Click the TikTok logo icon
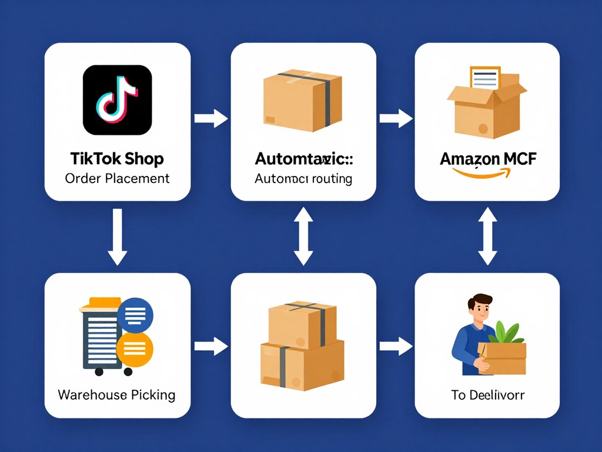[x=118, y=100]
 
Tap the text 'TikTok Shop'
[x=117, y=159]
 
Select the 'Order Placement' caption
[x=117, y=178]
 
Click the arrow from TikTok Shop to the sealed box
[x=211, y=118]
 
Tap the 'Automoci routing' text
[x=303, y=179]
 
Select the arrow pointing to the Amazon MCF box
[x=396, y=118]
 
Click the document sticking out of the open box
[x=484, y=79]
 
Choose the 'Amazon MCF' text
[x=487, y=159]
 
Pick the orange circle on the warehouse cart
[x=135, y=350]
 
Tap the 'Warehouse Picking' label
[x=116, y=394]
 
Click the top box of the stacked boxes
[x=302, y=324]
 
